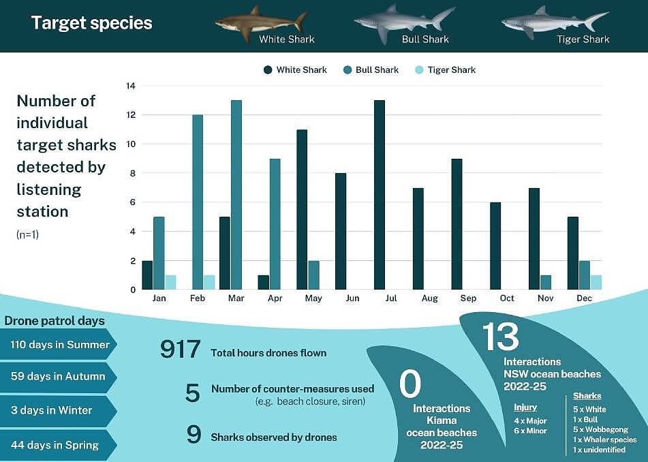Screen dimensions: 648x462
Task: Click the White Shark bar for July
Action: pos(380,195)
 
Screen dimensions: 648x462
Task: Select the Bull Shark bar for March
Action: pos(236,195)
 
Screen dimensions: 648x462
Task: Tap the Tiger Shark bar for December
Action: pos(596,282)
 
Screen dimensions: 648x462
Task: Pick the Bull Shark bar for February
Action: pos(198,202)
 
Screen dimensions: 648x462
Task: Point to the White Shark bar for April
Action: pos(263,282)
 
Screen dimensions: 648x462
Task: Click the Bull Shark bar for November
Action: pos(546,282)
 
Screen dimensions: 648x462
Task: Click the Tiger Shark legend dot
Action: pos(419,70)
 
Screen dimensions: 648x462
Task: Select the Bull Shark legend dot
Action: pos(347,70)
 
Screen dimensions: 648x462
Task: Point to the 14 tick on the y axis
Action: pos(131,86)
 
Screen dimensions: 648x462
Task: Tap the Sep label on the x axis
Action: pos(468,298)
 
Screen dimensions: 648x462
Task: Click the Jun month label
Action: pos(352,298)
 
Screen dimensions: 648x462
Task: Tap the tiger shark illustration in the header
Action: pos(555,22)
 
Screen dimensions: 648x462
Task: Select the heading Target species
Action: pos(92,23)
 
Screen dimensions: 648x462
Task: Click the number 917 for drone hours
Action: pos(180,349)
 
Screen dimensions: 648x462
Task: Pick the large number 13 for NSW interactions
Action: pos(500,337)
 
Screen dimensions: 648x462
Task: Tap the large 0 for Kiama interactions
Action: pos(410,384)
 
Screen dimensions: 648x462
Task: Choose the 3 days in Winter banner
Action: pos(58,410)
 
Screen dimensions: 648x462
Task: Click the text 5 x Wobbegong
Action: pos(600,429)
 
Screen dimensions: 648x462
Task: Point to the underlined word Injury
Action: pos(525,408)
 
